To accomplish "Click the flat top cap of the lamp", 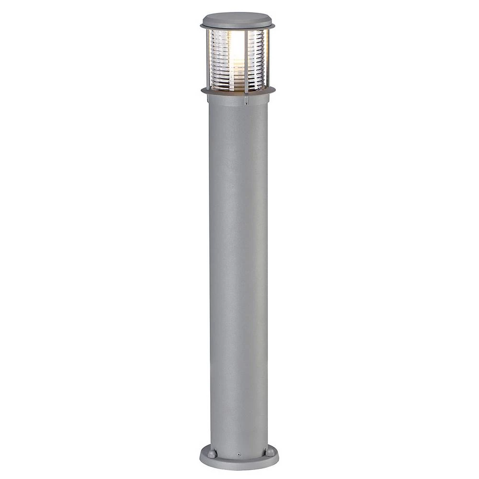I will pyautogui.click(x=237, y=19).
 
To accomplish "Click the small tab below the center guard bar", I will pyautogui.click(x=246, y=101).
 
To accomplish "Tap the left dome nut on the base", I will pyautogui.click(x=211, y=452).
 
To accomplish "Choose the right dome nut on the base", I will pyautogui.click(x=270, y=452).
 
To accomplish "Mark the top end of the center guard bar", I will pyautogui.click(x=247, y=32).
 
